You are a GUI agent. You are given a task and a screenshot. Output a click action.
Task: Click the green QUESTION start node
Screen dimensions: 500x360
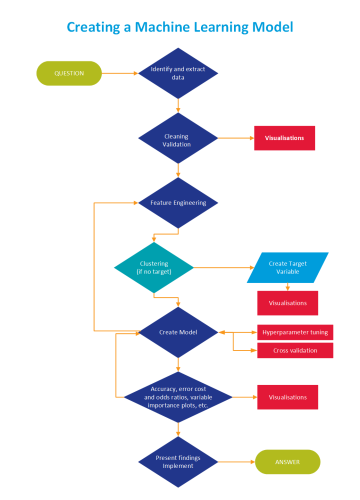[68, 73]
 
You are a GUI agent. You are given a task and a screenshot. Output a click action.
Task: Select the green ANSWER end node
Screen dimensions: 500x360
[288, 461]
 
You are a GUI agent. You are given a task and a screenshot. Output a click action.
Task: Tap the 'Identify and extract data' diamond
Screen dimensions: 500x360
[179, 73]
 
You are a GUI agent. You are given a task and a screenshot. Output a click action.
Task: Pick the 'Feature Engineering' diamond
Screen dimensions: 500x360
[179, 202]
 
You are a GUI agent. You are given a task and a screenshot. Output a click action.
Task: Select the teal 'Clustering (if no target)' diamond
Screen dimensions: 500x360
[153, 267]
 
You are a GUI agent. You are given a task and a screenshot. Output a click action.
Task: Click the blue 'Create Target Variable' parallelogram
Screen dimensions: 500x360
[288, 267]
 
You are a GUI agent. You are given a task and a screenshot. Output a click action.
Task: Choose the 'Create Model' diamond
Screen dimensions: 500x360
[179, 331]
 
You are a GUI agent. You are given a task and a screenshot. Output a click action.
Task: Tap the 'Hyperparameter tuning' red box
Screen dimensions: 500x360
[294, 331]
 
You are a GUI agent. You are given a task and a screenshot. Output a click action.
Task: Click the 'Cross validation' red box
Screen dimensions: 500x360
[294, 350]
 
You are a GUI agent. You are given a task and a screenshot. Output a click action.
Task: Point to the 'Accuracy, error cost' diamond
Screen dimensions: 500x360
[179, 396]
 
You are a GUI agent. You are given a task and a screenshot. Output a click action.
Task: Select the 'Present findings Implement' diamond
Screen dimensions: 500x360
[179, 461]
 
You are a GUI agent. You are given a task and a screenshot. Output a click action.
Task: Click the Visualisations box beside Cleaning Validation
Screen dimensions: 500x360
[284, 137]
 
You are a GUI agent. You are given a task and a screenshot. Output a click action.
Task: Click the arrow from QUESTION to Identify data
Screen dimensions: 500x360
[122, 73]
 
